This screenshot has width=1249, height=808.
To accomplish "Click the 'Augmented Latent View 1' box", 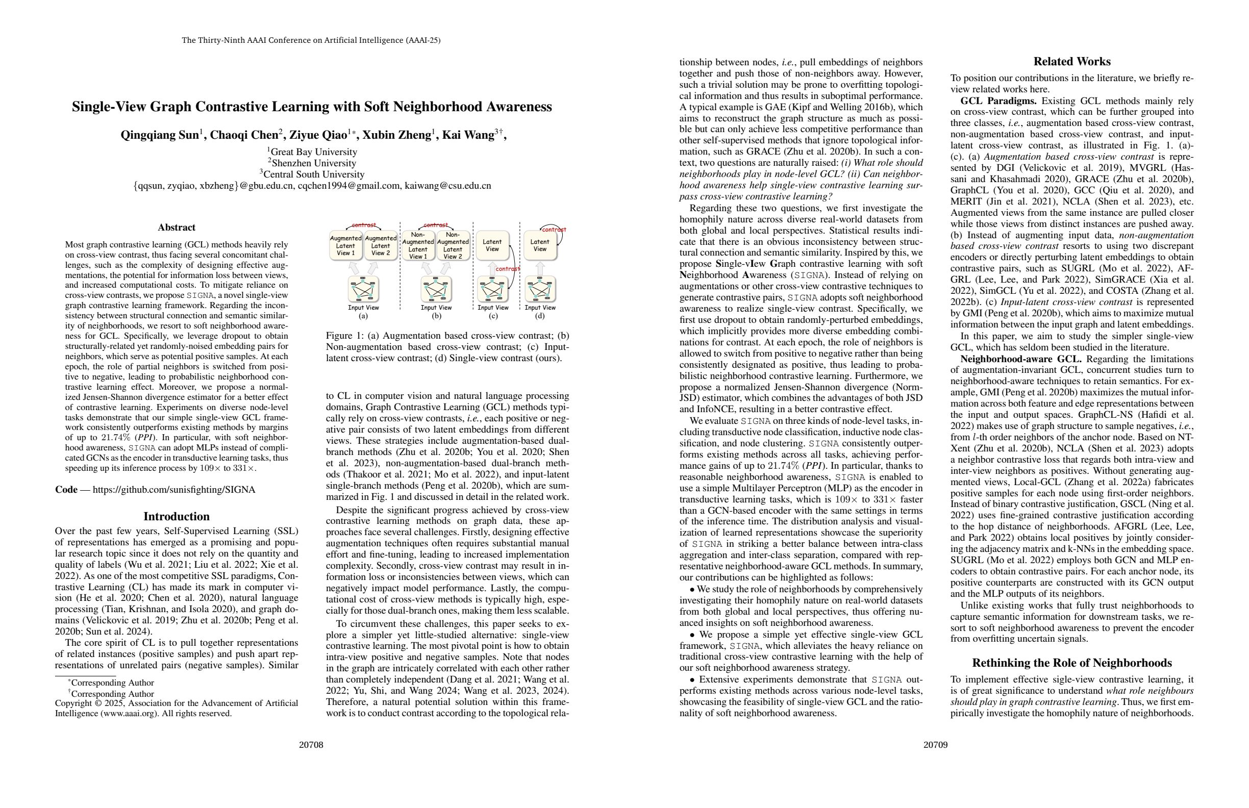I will tap(345, 245).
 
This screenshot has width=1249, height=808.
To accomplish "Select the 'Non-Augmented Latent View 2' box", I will tap(453, 245).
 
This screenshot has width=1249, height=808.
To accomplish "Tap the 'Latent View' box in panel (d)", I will tap(539, 245).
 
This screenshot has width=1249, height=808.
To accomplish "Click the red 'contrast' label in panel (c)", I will tap(508, 269).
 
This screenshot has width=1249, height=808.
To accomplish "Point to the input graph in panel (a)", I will tap(363, 289).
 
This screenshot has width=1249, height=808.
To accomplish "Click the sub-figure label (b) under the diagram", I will tap(436, 316).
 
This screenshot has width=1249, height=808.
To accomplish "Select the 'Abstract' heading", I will tap(177, 227).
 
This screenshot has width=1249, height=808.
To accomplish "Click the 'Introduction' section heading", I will tap(177, 516).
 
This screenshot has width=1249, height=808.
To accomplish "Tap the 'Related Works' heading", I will tap(1071, 61).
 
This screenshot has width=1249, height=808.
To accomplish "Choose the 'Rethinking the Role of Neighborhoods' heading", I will tap(1071, 663).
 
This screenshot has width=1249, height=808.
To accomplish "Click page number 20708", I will tap(311, 745).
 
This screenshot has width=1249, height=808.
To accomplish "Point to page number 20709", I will tap(935, 745).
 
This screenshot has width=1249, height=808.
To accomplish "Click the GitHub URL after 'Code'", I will tap(173, 490).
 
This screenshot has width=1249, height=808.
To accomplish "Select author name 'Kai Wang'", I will tap(467, 135).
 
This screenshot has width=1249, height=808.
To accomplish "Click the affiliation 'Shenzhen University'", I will tap(314, 163).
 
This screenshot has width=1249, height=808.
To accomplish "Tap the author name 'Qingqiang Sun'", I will tap(159, 135).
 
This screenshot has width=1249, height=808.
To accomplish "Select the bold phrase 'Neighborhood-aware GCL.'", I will tap(1021, 359).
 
